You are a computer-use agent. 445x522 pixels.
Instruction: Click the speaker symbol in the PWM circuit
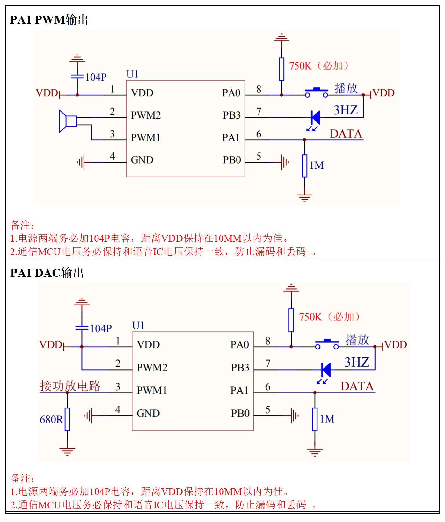[x=68, y=121]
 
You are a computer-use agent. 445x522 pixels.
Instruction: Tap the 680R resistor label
[x=51, y=419]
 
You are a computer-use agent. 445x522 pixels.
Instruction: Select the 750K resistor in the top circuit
[x=281, y=69]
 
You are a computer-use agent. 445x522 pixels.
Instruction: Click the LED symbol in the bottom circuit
[x=325, y=370]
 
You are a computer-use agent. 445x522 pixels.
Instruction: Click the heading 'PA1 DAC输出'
[x=47, y=273]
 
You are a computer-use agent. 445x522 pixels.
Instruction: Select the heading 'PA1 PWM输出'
[x=49, y=20]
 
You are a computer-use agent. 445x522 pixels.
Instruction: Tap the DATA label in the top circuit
[x=346, y=134]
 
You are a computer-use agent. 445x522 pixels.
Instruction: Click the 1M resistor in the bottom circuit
[x=315, y=419]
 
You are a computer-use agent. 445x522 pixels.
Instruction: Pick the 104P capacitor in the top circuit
[x=77, y=77]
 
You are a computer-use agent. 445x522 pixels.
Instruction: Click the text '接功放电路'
[x=70, y=386]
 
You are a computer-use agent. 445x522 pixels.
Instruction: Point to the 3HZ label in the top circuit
[x=346, y=110]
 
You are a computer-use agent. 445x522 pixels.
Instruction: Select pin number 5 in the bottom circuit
[x=268, y=409]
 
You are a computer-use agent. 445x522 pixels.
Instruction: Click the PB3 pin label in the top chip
[x=231, y=115]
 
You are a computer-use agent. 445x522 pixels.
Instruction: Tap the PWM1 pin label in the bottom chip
[x=152, y=390]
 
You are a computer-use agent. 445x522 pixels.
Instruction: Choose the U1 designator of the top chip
[x=132, y=74]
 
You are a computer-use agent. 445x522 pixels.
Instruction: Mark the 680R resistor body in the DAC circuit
[x=67, y=419]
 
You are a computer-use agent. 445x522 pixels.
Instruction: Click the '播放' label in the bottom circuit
[x=357, y=340]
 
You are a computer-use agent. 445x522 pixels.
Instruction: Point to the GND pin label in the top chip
[x=142, y=160]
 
